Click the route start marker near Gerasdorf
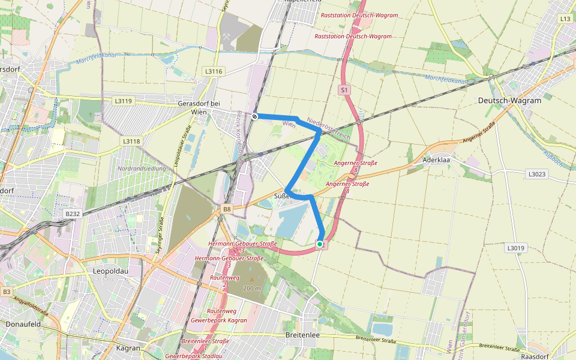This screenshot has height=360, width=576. (x=255, y=116)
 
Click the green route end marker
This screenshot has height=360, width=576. (x=320, y=244)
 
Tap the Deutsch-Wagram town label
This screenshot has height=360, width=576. (x=509, y=101)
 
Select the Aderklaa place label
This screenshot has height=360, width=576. (x=436, y=161)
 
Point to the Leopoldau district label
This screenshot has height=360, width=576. (x=108, y=271)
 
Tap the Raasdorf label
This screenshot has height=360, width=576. (x=535, y=356)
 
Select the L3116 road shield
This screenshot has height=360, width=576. (x=214, y=71)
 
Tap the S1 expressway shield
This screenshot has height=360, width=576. (x=344, y=90)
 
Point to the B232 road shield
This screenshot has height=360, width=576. (x=73, y=214)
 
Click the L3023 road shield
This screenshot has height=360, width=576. (x=536, y=174)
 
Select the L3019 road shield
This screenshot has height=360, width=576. (x=515, y=247)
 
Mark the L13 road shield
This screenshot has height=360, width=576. (x=565, y=19)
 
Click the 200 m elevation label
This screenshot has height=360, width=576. (x=251, y=288)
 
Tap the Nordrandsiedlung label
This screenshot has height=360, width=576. (x=142, y=169)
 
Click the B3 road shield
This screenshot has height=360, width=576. (x=7, y=292)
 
